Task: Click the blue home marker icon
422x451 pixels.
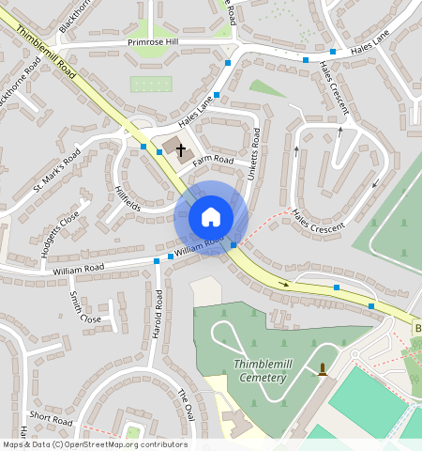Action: (211, 217)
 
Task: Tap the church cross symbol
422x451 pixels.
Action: (180, 149)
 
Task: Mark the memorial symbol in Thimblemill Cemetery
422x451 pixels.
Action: (324, 369)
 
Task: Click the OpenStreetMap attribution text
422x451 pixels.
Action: (94, 444)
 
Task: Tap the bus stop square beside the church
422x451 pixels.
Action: (143, 147)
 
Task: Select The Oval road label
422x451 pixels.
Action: (187, 405)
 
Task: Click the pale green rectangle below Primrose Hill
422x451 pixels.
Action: (152, 84)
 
